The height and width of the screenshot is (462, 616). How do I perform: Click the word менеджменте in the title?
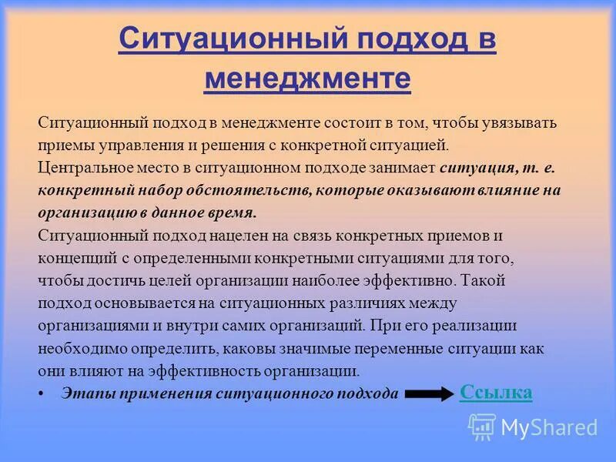307,79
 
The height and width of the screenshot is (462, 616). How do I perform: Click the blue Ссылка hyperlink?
496,392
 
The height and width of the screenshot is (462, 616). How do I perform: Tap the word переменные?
361,348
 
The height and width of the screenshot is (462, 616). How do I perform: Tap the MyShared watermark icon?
482,427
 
